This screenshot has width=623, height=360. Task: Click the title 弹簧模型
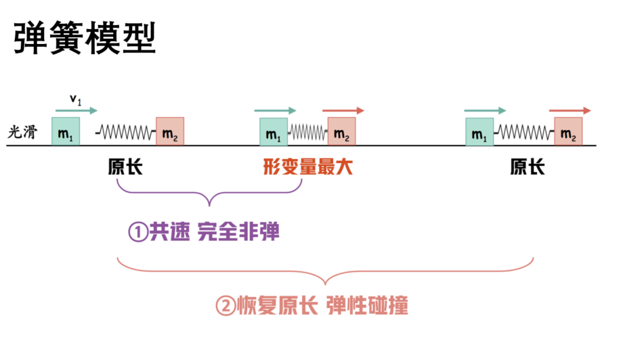(x=85, y=38)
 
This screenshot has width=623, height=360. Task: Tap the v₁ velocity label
(x=75, y=99)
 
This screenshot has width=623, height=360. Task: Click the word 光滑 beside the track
(x=22, y=132)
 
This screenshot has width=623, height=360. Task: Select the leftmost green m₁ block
(x=66, y=131)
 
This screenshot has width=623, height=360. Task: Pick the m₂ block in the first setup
(x=170, y=131)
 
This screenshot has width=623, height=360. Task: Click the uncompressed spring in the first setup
(x=125, y=132)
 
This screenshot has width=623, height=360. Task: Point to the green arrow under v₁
(x=77, y=110)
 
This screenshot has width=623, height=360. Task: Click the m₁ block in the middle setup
(x=274, y=132)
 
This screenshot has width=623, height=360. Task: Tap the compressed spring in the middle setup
(x=307, y=132)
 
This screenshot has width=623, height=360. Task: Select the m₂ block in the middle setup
(x=342, y=132)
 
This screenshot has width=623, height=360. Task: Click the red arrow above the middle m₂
(x=343, y=110)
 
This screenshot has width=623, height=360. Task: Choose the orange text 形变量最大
(x=308, y=166)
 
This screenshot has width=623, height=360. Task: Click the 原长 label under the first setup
(x=125, y=166)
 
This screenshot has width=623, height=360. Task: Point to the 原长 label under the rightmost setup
(x=528, y=166)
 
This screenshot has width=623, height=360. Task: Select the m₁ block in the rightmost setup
(x=479, y=132)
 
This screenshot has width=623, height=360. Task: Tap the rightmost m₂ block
(x=569, y=132)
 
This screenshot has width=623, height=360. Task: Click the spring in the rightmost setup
(x=524, y=132)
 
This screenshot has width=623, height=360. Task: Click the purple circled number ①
(x=138, y=232)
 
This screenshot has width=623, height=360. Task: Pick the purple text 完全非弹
(x=238, y=232)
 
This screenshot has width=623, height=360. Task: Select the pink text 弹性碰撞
(x=368, y=306)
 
